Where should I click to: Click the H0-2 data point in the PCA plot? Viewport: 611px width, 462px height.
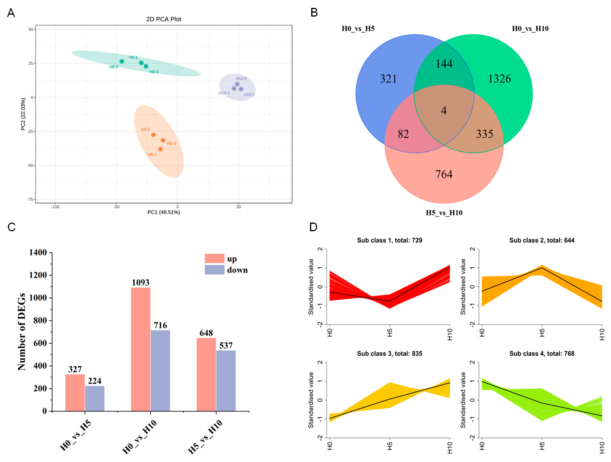click(122, 61)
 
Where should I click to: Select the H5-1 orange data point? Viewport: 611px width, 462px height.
click(160, 149)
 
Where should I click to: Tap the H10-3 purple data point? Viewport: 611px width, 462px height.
click(237, 84)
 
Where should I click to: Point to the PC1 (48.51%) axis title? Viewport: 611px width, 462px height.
click(164, 212)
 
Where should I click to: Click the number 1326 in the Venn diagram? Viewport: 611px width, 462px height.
click(499, 79)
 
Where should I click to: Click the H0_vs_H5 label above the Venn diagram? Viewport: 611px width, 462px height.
click(358, 29)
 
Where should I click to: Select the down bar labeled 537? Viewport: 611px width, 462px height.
click(226, 381)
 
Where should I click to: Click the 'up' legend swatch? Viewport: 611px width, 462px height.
click(214, 258)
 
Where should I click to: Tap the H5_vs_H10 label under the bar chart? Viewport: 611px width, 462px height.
click(205, 437)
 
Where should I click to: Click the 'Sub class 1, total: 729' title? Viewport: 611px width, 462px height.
click(390, 240)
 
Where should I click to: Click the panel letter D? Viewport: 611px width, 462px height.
click(313, 227)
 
